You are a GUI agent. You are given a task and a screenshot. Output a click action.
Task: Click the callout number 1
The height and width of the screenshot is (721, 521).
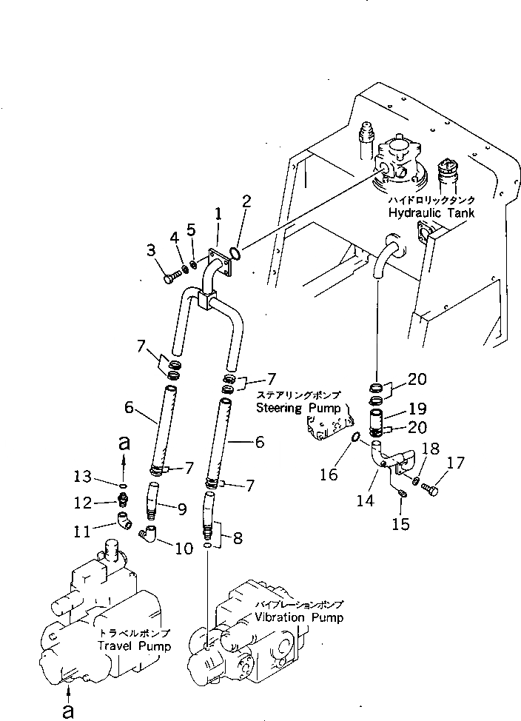point(218,214)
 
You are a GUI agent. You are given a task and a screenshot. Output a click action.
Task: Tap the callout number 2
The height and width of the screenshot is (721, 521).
point(246,201)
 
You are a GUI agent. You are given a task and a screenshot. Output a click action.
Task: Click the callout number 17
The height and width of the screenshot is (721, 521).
point(457,464)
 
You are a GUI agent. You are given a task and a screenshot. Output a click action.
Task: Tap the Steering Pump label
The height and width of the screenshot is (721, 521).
point(298,408)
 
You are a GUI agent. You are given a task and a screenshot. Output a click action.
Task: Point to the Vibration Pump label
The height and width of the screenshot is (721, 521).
point(298,617)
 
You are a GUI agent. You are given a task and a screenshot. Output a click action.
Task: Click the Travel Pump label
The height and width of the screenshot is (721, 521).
point(134,645)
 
